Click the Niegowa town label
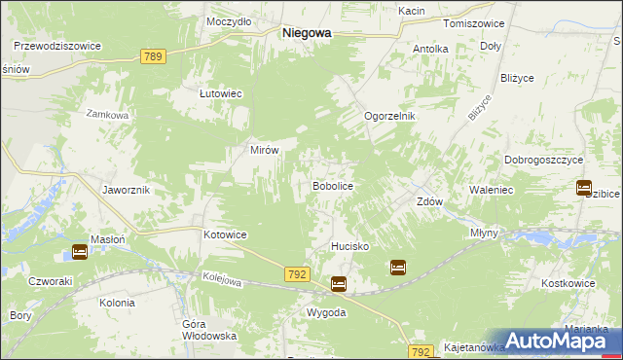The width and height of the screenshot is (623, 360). click(x=307, y=32)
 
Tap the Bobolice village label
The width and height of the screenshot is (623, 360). click(x=331, y=185)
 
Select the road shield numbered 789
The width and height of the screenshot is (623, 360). click(x=152, y=57)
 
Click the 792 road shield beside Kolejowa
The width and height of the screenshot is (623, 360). click(x=299, y=276)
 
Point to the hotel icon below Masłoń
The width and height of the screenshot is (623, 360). click(x=80, y=253)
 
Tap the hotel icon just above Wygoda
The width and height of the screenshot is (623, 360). click(x=338, y=284)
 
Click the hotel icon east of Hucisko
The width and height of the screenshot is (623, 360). click(x=398, y=267)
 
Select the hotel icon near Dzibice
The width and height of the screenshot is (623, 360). click(x=584, y=188)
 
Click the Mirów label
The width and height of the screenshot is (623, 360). click(x=266, y=151)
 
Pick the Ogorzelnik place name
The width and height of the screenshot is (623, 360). click(x=389, y=116)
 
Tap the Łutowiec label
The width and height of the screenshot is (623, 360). click(x=220, y=93)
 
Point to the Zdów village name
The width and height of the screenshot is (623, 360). click(x=429, y=202)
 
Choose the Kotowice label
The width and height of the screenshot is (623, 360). click(x=225, y=235)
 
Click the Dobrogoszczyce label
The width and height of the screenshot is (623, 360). click(x=543, y=159)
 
